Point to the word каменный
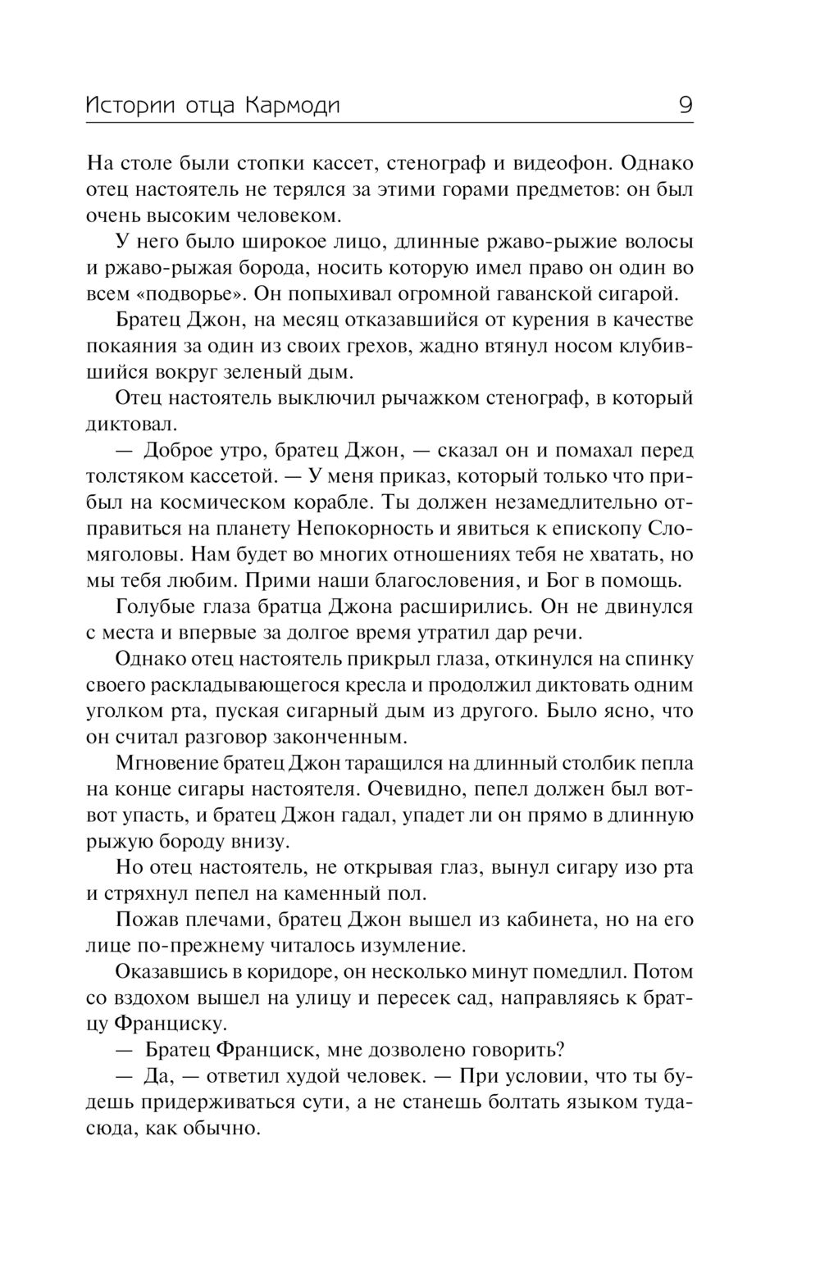[x=330, y=893]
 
